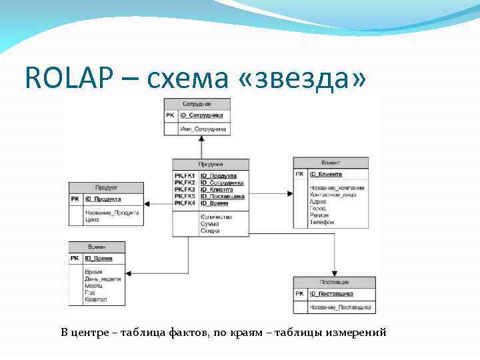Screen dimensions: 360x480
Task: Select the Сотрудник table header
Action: [x=197, y=104]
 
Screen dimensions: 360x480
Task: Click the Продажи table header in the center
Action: [x=211, y=164]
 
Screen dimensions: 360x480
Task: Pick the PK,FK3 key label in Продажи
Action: [x=185, y=189]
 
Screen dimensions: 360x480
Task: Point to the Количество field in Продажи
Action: [x=215, y=217]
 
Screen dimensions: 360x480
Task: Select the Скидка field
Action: [x=210, y=230]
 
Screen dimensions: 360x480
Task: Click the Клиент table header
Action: [x=331, y=163]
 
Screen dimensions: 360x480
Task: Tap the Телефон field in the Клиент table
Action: [x=321, y=222]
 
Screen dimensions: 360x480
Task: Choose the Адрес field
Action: [x=318, y=202]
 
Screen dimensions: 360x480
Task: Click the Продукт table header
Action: [x=106, y=187]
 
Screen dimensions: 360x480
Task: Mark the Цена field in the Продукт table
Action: [x=91, y=219]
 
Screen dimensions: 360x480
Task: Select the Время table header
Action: [x=97, y=246]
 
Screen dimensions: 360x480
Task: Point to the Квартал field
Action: [x=95, y=300]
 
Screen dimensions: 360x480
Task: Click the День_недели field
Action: [x=102, y=279]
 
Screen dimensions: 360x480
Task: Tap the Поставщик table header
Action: [x=334, y=282]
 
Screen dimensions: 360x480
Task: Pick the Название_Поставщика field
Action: [x=340, y=307]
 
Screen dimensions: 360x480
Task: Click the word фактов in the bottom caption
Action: [x=182, y=332]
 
